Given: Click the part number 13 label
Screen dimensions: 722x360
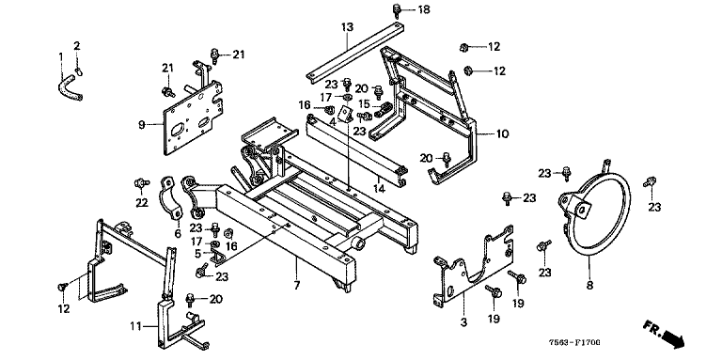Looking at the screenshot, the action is [x=347, y=26].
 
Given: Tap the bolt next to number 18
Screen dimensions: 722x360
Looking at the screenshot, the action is [x=397, y=9].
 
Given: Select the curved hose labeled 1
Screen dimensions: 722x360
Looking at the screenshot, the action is [x=70, y=89].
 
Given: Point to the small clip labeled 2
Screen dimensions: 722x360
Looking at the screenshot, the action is [x=79, y=70].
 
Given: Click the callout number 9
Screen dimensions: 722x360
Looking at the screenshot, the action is [x=142, y=124].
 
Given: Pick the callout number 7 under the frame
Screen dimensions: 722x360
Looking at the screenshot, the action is [x=297, y=286].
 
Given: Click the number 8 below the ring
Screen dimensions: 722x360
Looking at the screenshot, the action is [x=589, y=286].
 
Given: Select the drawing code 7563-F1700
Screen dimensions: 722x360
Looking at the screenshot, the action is [x=574, y=342].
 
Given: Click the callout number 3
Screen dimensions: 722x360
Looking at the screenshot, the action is [x=463, y=322].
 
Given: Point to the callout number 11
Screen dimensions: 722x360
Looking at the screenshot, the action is [x=135, y=327].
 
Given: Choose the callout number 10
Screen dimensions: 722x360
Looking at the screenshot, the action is [x=502, y=134].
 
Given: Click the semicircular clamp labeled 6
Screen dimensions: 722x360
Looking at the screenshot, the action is [x=172, y=197].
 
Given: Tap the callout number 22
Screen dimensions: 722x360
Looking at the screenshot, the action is [x=142, y=202].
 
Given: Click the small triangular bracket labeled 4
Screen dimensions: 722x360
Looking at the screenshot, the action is [x=345, y=113].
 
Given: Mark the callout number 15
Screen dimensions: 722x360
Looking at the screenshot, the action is [x=364, y=104].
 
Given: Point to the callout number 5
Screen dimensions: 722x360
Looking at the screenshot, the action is [x=198, y=253].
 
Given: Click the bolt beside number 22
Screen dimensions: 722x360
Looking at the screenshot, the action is [x=140, y=183].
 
